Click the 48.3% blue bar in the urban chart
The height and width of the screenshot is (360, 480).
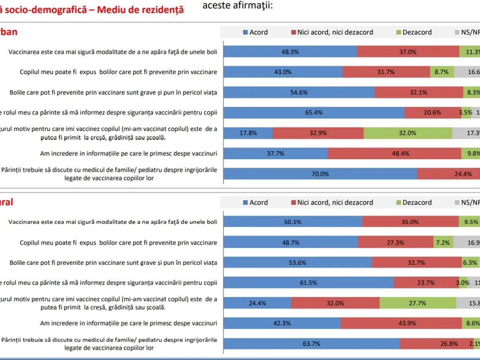coord(290,52)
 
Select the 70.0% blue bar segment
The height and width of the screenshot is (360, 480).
coord(320,174)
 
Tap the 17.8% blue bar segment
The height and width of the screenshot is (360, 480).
coord(248,133)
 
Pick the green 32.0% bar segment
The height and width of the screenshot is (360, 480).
coord(408,133)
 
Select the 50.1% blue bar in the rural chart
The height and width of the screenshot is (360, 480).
coord(292,222)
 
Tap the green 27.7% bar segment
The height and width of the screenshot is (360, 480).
coord(418,303)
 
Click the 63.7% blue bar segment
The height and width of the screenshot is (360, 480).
coord(311,344)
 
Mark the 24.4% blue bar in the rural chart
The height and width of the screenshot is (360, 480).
coord(257,303)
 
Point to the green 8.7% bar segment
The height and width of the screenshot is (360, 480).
coord(442,72)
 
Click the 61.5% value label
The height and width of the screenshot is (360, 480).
coord(308,283)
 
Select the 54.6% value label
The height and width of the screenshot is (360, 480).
coord(298,92)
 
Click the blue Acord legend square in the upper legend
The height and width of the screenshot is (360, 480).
coord(246,32)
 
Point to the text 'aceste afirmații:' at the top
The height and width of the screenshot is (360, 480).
coord(238,6)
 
